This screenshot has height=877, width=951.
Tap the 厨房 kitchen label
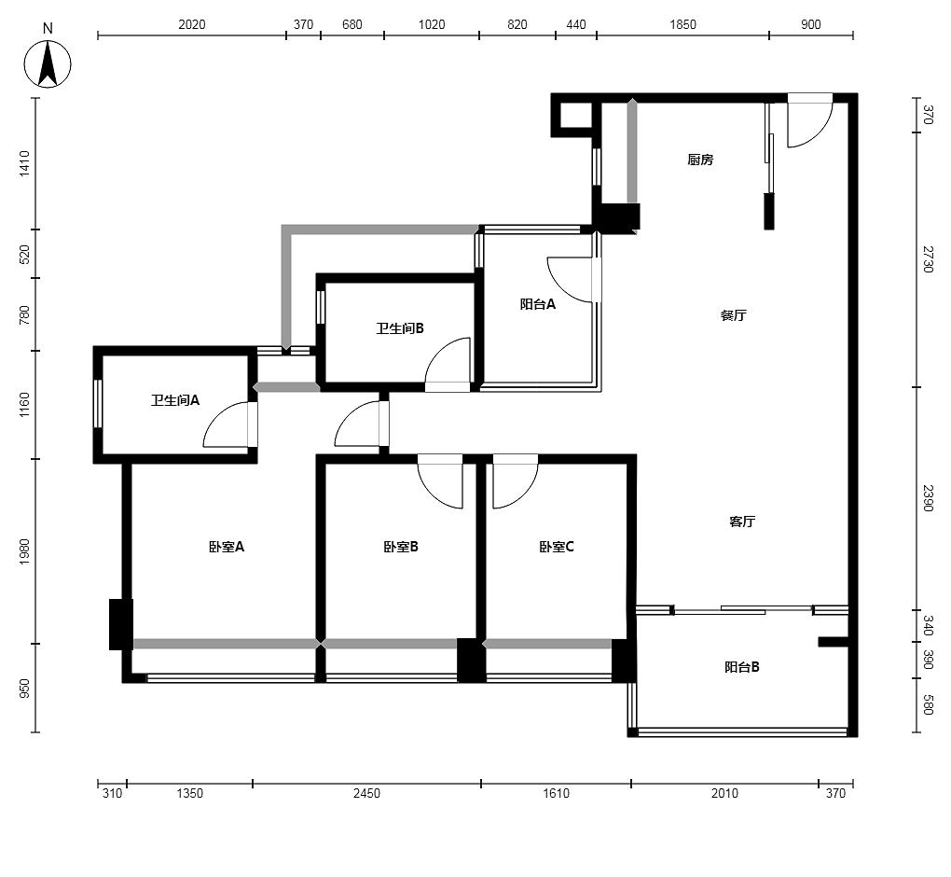(700, 160)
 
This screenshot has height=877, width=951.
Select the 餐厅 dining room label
(733, 315)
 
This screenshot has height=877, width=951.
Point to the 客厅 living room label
(742, 522)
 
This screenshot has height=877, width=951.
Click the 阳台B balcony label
(742, 667)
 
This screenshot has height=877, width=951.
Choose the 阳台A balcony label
(537, 304)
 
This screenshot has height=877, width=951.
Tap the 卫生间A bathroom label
(175, 400)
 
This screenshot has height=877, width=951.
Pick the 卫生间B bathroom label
(400, 328)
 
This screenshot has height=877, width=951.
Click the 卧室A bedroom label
(227, 547)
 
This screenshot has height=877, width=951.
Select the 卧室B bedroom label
(401, 547)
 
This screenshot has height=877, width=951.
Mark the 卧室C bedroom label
(557, 547)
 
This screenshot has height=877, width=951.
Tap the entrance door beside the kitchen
(809, 120)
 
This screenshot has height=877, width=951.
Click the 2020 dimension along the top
(192, 24)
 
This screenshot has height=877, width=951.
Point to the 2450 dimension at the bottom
(367, 793)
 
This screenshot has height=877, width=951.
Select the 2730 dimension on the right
(928, 259)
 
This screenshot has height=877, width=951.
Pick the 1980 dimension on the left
(24, 551)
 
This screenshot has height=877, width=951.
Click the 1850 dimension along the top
(682, 24)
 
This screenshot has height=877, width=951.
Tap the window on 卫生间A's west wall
(97, 404)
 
